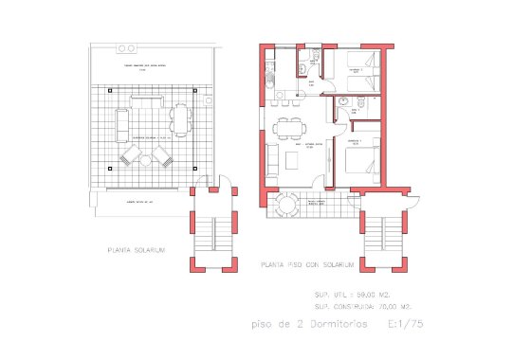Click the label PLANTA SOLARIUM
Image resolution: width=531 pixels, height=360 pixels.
[x=137, y=250]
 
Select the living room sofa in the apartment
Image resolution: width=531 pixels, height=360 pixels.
[x=272, y=161]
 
